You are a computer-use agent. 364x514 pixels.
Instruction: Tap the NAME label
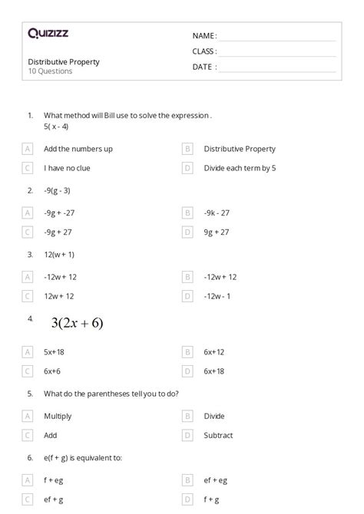(204, 35)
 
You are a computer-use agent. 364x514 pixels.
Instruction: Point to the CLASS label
(204, 51)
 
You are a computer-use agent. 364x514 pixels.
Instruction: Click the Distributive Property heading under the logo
(64, 61)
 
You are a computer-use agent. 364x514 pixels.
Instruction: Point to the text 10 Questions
(50, 71)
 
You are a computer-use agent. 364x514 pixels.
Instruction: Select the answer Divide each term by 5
(240, 167)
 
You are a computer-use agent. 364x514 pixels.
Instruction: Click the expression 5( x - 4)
(56, 126)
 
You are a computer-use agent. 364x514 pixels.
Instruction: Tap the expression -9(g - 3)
(57, 190)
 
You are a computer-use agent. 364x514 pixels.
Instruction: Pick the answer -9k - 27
(217, 213)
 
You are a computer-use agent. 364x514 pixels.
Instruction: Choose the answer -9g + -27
(61, 213)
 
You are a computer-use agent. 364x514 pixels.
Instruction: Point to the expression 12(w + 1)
(59, 254)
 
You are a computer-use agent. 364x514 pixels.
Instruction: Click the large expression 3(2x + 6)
(77, 323)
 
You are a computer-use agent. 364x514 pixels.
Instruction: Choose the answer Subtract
(219, 435)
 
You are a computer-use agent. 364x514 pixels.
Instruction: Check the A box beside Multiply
(28, 416)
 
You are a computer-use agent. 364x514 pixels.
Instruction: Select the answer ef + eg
(216, 480)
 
